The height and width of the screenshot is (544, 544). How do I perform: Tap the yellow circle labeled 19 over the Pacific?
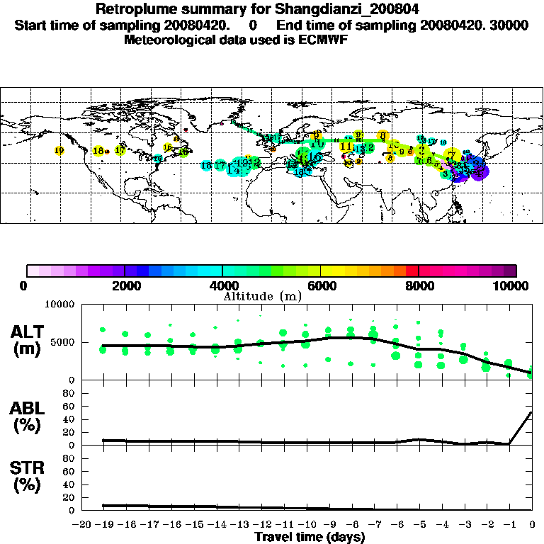pos(59,150)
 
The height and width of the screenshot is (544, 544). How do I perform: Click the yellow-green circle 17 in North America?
pos(120,150)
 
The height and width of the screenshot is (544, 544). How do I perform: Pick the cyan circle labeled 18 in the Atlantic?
pos(206,166)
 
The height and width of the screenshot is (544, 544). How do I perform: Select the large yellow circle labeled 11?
pos(346,147)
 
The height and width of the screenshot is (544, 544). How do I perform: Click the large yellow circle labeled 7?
pos(451,155)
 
